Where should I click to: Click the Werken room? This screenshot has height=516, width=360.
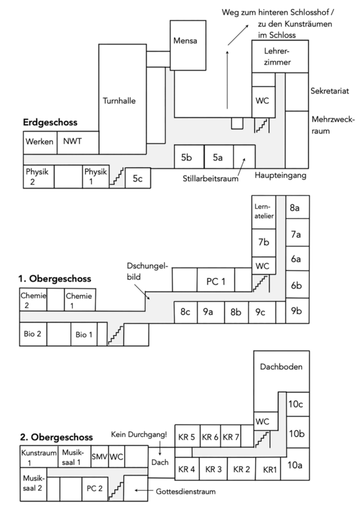[x=40, y=142]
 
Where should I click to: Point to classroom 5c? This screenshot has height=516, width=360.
[x=138, y=178]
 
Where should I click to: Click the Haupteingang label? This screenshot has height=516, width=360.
[x=280, y=175]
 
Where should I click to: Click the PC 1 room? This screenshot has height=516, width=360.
[x=215, y=281]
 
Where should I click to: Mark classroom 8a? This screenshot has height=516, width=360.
[x=296, y=207]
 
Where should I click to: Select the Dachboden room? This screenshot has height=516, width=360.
[x=281, y=367]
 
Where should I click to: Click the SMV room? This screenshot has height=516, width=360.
[x=99, y=456]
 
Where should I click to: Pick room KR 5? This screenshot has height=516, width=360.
[x=187, y=437]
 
